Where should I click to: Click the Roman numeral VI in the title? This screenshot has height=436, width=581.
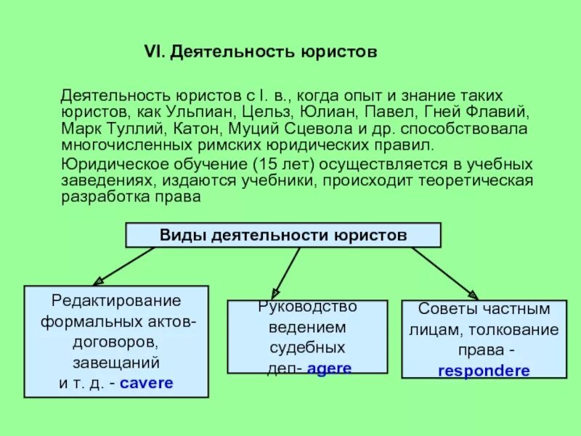pos(156,53)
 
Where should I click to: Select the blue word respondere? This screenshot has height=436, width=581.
pos(483,370)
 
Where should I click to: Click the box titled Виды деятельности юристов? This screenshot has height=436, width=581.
pos(283,235)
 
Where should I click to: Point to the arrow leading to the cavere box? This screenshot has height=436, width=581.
pos(123,266)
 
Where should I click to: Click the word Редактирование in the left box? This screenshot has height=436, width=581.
pos(116,300)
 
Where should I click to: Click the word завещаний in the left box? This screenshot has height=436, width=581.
pos(116,362)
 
